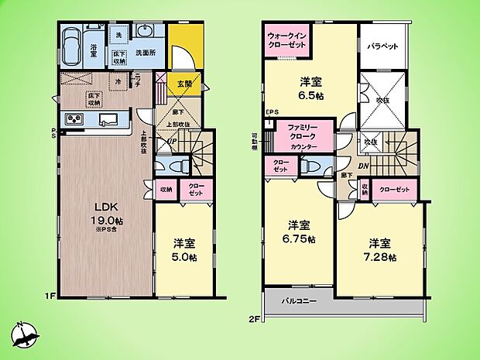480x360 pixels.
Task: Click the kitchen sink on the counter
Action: (108, 120)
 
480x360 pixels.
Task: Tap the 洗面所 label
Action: (147, 53)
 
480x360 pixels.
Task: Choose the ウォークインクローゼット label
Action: (287, 40)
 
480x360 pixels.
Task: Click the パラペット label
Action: (382, 46)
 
